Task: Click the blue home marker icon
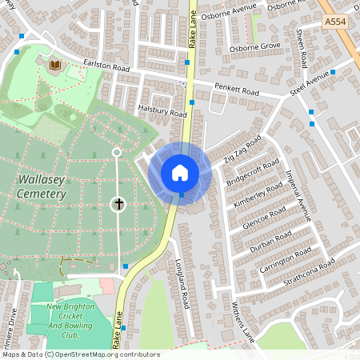pyautogui.click(x=180, y=173)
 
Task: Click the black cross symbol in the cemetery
pyautogui.click(x=118, y=204)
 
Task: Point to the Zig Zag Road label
pyautogui.click(x=244, y=150)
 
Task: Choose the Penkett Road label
pyautogui.click(x=235, y=87)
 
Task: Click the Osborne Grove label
pyautogui.click(x=256, y=46)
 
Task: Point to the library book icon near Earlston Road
pyautogui.click(x=54, y=65)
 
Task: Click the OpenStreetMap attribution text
pyautogui.click(x=80, y=354)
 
